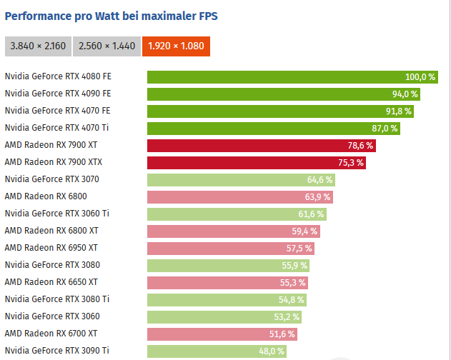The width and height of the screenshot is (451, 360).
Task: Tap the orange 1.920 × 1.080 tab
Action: coord(176,46)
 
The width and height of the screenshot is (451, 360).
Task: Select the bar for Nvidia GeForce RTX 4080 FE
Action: coord(286,77)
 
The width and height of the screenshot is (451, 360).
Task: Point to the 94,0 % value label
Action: coord(405,94)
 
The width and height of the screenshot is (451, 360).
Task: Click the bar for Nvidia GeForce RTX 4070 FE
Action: coord(279,111)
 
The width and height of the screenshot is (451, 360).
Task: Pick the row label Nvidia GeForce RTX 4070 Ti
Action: coord(57,128)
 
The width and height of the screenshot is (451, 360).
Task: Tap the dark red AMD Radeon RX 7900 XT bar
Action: coord(261,146)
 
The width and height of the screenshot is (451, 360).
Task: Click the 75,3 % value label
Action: coord(351,163)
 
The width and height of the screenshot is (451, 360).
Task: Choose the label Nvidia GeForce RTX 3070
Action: coord(52,179)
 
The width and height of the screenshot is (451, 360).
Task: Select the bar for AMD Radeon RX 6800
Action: coord(239,197)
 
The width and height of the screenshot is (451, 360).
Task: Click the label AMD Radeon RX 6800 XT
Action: coord(51,231)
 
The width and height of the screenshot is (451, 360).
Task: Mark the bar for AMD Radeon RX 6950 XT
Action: coord(230,249)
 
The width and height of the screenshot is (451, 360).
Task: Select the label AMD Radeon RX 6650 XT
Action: coord(51,282)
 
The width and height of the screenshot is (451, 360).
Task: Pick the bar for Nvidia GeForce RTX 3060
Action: coord(224,317)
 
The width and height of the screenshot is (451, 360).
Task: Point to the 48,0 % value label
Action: coord(272,351)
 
